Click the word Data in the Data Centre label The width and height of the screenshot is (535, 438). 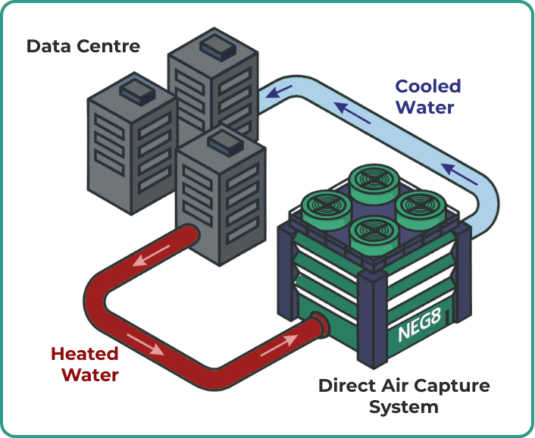[x=47, y=46]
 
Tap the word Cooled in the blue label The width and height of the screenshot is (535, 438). [x=427, y=86]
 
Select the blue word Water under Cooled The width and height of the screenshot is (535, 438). [x=425, y=108]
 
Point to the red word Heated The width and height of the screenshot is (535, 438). [x=84, y=354]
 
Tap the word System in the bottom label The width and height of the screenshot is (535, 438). [x=403, y=407]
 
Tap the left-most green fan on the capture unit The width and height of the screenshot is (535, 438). [x=324, y=205]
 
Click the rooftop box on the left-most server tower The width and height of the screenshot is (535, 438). [x=137, y=90]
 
